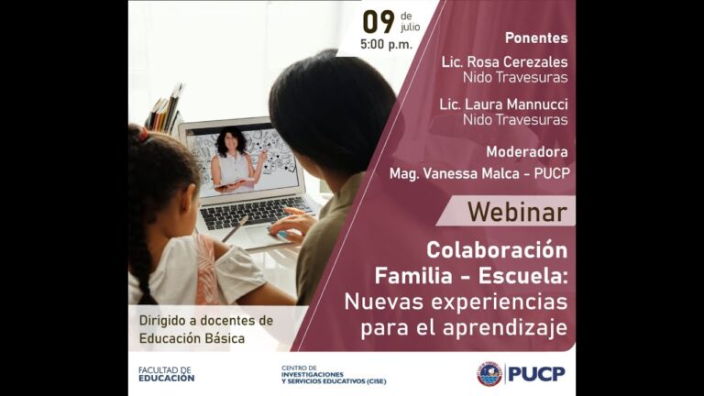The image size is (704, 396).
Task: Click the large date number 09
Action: (379, 21)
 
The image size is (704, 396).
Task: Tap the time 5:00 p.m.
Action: (386, 44)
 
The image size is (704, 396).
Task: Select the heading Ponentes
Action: (536, 38)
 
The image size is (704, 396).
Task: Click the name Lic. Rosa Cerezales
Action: (503, 61)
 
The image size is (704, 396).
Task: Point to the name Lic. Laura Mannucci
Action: (503, 104)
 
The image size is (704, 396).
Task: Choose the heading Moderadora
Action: (526, 151)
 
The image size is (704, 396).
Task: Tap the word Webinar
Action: (517, 212)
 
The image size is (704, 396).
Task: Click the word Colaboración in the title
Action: (496, 250)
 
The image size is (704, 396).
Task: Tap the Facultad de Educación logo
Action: (166, 374)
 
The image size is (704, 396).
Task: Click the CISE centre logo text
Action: (334, 374)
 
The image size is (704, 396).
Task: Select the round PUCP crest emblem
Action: (489, 374)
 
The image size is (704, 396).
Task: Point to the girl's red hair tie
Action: (143, 134)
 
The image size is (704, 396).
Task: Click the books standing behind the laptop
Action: (165, 110)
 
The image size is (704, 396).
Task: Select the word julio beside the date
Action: (410, 27)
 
